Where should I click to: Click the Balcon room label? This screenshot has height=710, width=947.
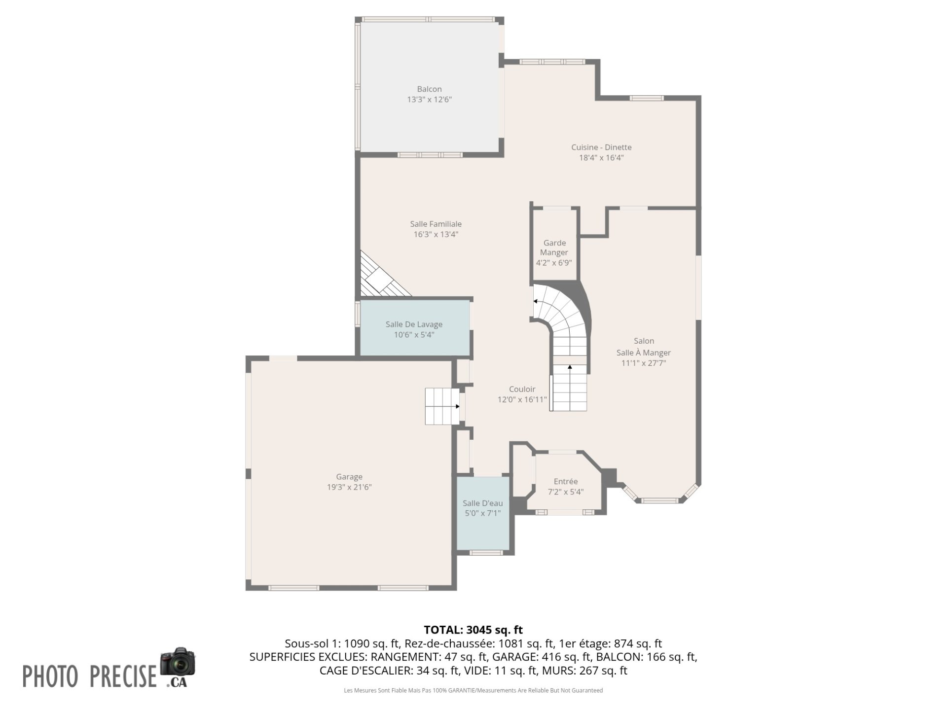point(429,89)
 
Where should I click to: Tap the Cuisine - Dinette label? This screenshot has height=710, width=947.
point(601,147)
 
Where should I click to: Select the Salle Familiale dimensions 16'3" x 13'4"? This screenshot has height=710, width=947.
point(436,235)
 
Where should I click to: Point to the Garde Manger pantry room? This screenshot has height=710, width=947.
point(554,245)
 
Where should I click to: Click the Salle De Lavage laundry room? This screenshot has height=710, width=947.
point(414,327)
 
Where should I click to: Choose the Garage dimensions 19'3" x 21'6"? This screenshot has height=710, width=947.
point(349,487)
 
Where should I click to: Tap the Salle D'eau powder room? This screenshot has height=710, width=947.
point(483,513)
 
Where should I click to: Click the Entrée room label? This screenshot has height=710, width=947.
point(566,482)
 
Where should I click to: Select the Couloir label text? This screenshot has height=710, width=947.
point(522,390)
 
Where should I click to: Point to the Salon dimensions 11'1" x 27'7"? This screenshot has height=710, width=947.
point(644,363)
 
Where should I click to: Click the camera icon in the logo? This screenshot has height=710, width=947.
point(178,662)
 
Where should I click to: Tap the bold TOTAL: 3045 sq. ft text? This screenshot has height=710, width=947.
point(473,630)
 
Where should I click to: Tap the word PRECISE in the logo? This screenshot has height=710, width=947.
point(123,676)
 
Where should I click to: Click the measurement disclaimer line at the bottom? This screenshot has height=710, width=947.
point(473,690)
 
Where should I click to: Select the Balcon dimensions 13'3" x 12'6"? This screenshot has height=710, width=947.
point(429,100)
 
